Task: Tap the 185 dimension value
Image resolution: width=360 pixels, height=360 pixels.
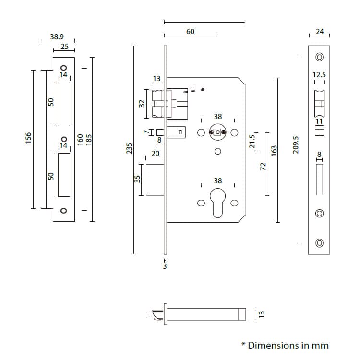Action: [88, 139]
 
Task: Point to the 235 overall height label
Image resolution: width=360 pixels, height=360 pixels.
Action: [129, 149]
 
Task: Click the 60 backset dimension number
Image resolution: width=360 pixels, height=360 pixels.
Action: [190, 31]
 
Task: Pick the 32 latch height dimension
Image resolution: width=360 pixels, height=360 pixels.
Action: [142, 103]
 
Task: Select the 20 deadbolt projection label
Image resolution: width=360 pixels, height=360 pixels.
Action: [155, 154]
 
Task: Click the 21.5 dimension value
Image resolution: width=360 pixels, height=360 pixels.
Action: [252, 142]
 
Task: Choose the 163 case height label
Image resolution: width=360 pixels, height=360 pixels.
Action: [274, 150]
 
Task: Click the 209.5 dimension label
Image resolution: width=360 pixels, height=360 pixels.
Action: [296, 144]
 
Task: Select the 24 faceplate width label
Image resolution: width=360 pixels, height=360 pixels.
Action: [320, 32]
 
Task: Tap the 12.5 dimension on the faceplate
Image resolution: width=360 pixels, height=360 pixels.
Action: [319, 75]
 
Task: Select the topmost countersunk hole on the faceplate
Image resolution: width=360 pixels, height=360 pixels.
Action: [319, 58]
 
